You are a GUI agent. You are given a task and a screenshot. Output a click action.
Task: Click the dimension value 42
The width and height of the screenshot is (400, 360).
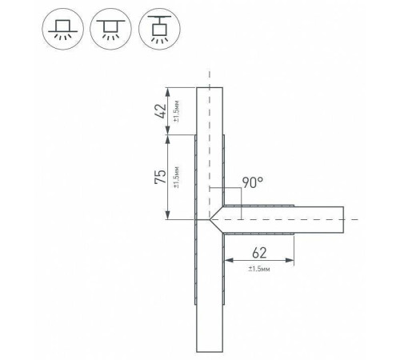pyautogui.click(x=161, y=111)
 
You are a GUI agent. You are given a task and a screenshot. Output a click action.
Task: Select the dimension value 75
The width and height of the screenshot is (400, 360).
pyautogui.click(x=161, y=177)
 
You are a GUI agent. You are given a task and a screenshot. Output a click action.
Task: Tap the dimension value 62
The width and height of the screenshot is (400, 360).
pyautogui.click(x=259, y=253)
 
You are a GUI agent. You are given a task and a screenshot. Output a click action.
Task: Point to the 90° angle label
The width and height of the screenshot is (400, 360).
pyautogui.click(x=253, y=182)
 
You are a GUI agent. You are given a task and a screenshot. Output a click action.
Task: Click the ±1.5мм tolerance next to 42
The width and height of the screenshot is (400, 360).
pyautogui.click(x=177, y=112)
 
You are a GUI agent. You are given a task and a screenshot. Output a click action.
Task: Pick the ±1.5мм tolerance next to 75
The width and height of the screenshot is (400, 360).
pyautogui.click(x=177, y=177)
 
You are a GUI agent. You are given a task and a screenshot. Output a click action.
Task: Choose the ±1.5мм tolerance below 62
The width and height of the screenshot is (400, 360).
pyautogui.click(x=259, y=269)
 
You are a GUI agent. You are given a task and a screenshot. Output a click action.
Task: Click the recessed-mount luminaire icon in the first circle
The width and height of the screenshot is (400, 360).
pyautogui.click(x=63, y=29)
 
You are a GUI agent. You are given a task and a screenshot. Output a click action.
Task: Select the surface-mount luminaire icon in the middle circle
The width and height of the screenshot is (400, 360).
pyautogui.click(x=111, y=29)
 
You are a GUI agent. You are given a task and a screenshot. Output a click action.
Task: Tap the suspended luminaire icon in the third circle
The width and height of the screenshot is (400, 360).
pyautogui.click(x=159, y=29)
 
